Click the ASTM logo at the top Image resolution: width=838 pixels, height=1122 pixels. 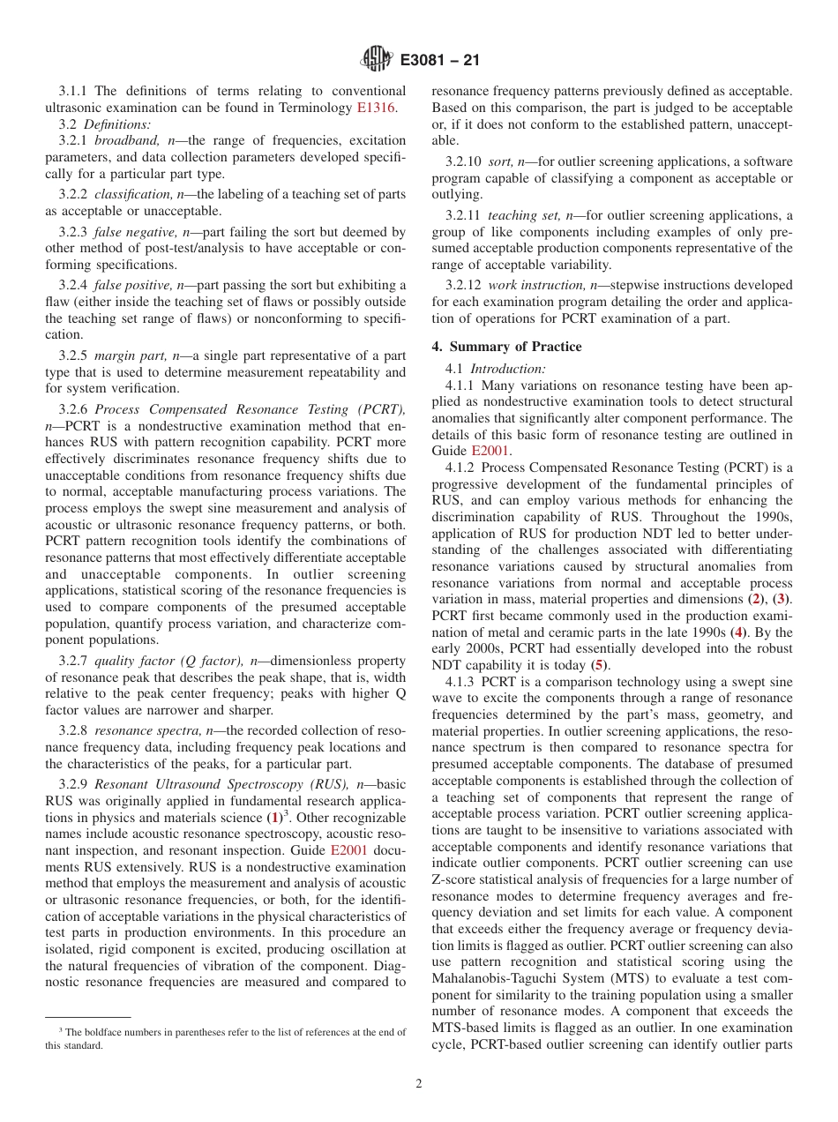point(377,60)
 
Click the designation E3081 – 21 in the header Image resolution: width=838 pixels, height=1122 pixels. point(439,61)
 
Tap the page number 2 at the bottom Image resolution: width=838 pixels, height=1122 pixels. point(419,1084)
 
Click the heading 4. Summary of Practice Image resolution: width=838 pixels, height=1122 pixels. point(494,347)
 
